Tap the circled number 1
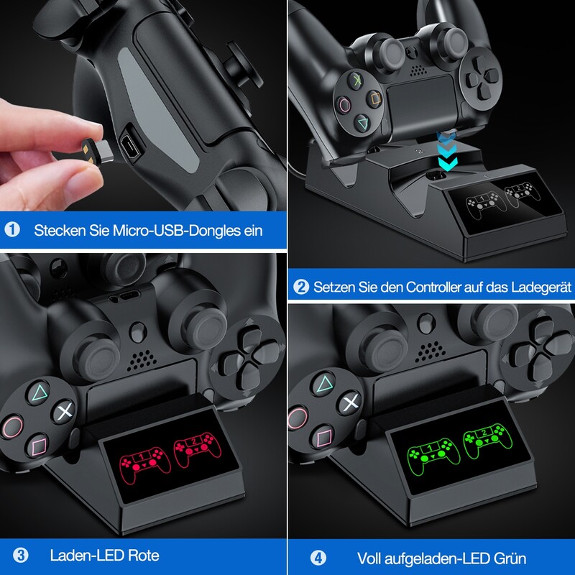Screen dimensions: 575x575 12,231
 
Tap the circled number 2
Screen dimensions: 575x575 302,287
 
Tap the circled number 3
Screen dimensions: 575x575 20,556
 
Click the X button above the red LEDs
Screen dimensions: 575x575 64,413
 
